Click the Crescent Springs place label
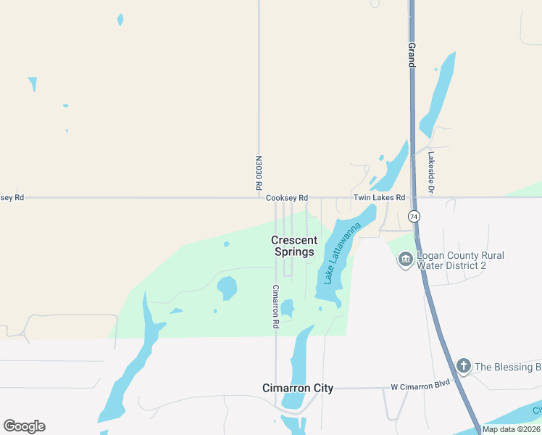tap(294, 246)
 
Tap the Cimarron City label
tap(297, 388)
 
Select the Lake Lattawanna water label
tap(342, 254)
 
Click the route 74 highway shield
tap(414, 217)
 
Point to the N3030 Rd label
tap(259, 173)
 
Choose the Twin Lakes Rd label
tap(378, 198)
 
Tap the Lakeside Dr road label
tap(430, 173)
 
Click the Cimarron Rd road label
tap(276, 307)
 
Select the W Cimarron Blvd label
tap(420, 383)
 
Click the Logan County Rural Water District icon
tap(405, 260)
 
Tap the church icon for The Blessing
tap(463, 367)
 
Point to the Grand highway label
tap(412, 55)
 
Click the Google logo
tap(24, 426)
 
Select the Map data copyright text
tap(512, 429)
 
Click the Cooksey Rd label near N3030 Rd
tap(287, 198)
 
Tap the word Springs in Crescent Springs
tap(294, 252)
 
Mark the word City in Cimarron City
tap(322, 388)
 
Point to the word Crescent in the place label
tap(294, 240)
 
